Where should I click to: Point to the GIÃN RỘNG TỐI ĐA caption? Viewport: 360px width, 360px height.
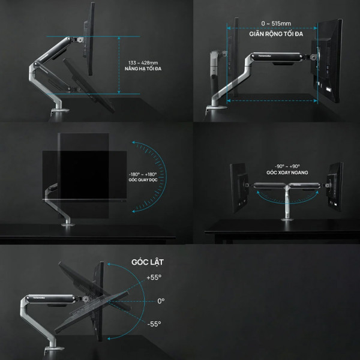273,35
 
